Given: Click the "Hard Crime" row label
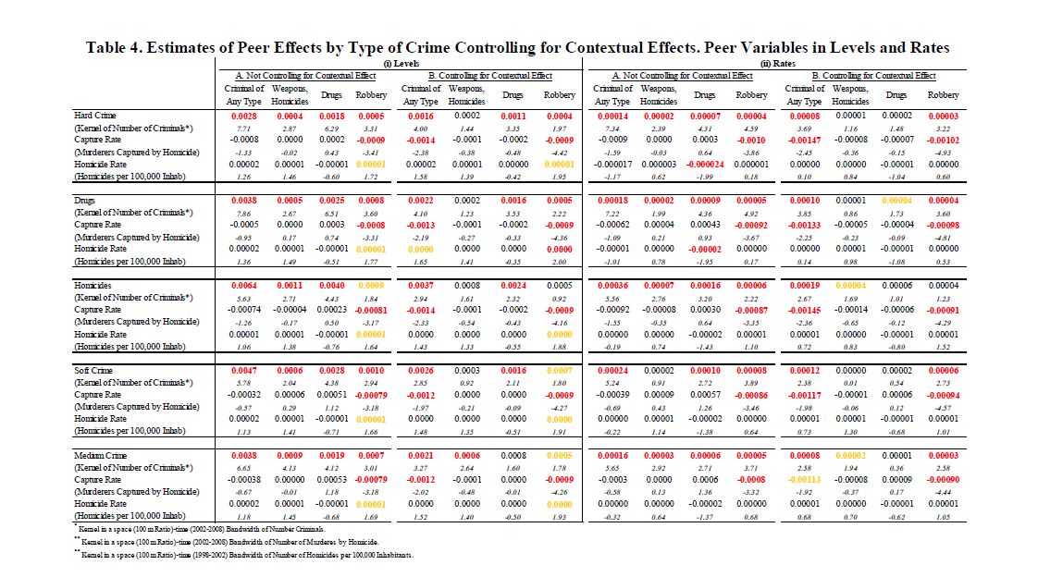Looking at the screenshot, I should pyautogui.click(x=95, y=116).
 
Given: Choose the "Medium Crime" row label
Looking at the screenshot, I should pyautogui.click(x=102, y=455).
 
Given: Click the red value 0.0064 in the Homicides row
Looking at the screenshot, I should pyautogui.click(x=245, y=286).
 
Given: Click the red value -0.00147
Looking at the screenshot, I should pyautogui.click(x=804, y=139).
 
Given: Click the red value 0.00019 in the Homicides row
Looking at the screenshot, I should pyautogui.click(x=804, y=286).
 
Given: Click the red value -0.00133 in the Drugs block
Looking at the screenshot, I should pyautogui.click(x=804, y=224).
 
